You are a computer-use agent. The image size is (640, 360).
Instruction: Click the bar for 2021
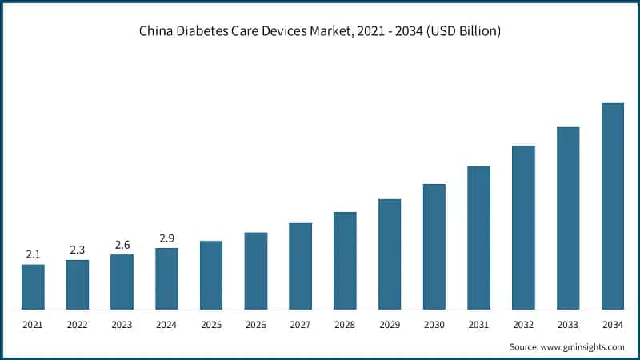pyautogui.click(x=33, y=286)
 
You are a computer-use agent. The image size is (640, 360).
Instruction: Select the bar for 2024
pyautogui.click(x=166, y=278)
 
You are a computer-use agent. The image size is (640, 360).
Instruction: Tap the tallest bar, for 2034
pyautogui.click(x=612, y=206)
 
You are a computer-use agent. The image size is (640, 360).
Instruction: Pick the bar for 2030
pyautogui.click(x=434, y=246)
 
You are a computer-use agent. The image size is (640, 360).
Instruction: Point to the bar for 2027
pyautogui.click(x=300, y=266)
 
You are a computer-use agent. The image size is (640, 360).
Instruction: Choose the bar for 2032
pyautogui.click(x=523, y=227)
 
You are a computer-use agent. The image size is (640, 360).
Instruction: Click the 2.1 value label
pyautogui.click(x=33, y=254)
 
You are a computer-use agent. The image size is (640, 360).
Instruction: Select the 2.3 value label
pyautogui.click(x=78, y=250)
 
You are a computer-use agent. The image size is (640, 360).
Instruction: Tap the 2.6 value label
pyautogui.click(x=122, y=245)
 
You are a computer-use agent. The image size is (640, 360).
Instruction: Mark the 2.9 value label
pyautogui.click(x=166, y=238)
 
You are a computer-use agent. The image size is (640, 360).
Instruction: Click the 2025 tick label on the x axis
pyautogui.click(x=211, y=324)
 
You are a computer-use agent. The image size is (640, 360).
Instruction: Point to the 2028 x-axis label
pyautogui.click(x=345, y=324)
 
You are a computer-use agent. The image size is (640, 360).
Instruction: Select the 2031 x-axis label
pyautogui.click(x=478, y=324)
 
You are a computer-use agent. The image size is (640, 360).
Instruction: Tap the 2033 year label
pyautogui.click(x=568, y=324)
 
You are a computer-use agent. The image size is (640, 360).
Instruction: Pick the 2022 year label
pyautogui.click(x=78, y=324)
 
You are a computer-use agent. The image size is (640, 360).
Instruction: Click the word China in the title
pyautogui.click(x=157, y=31)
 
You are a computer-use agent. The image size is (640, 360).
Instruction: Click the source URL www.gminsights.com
pyautogui.click(x=584, y=346)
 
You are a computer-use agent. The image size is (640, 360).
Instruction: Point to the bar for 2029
pyautogui.click(x=390, y=254)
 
